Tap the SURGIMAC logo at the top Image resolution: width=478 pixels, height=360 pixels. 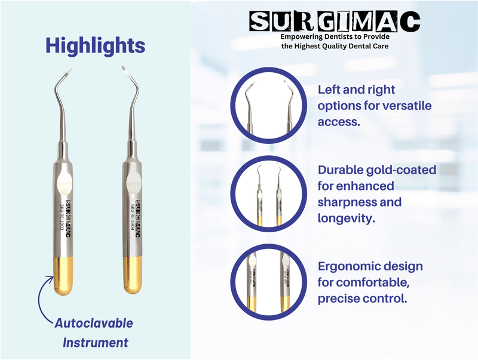[x=335, y=22]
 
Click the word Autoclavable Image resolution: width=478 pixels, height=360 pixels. [x=94, y=324]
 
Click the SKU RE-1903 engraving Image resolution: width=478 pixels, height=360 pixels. [x=62, y=219]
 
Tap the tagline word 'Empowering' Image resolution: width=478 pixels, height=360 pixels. [x=304, y=36]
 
